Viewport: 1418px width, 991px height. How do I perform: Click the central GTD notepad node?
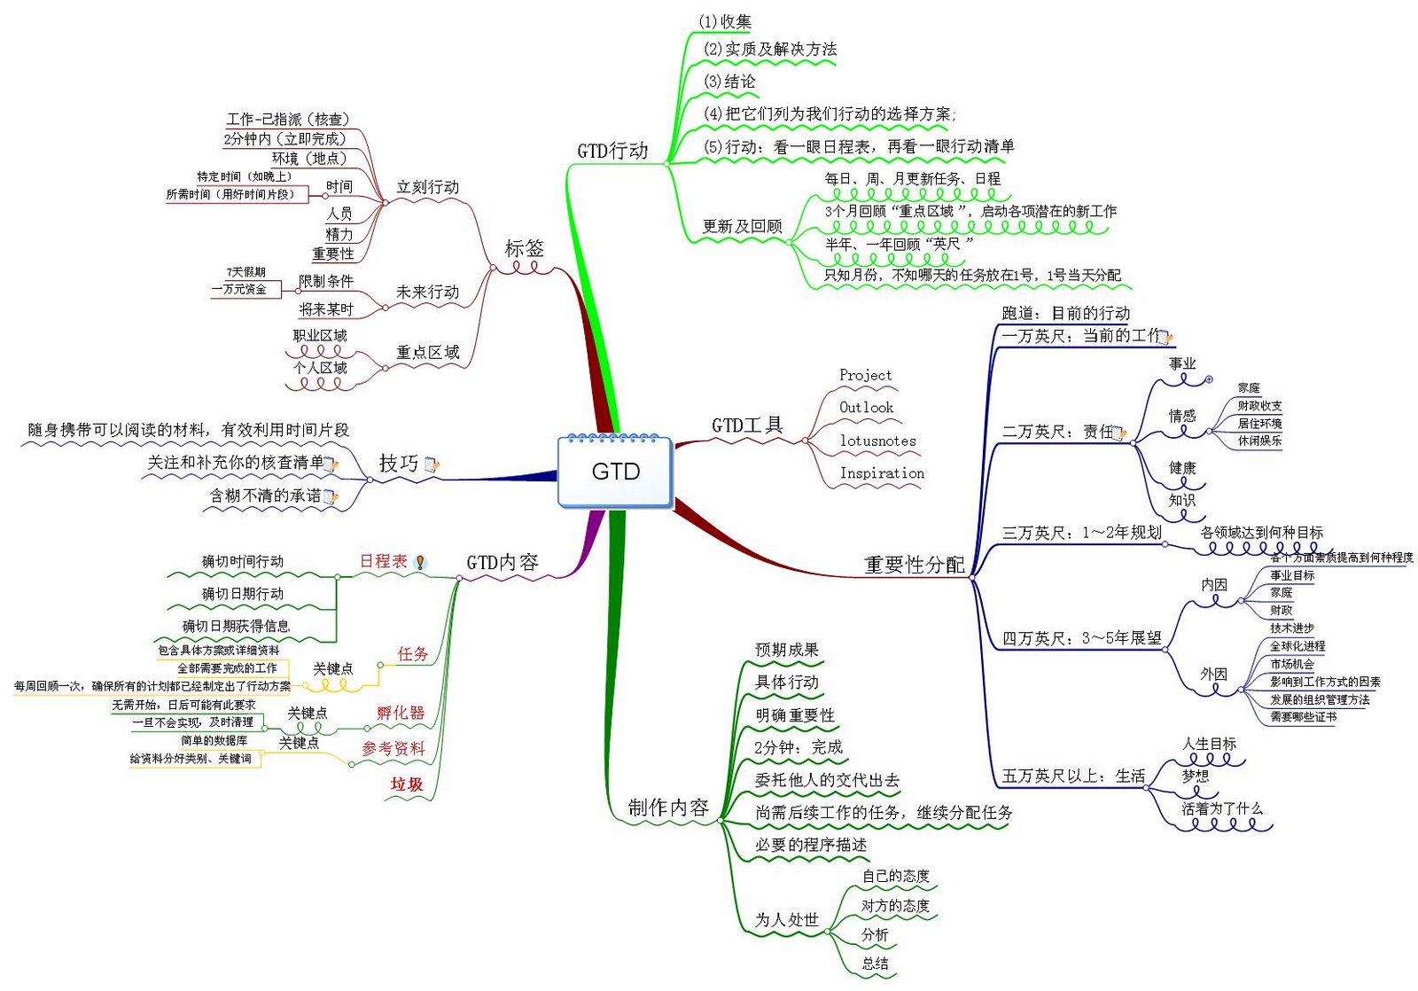(615, 472)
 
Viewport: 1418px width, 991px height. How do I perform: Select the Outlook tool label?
(866, 408)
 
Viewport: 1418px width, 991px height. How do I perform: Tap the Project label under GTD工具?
(865, 375)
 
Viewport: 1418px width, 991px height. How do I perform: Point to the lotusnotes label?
(877, 441)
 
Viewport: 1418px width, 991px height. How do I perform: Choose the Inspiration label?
(882, 473)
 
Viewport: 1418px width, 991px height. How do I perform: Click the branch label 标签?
(524, 249)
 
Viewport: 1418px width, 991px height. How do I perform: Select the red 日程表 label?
(383, 561)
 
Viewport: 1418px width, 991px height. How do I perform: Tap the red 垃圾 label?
(407, 784)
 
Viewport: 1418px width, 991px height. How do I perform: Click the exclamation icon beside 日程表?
(420, 562)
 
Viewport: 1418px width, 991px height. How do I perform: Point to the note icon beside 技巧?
(432, 464)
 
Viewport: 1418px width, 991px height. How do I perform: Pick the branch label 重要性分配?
(914, 565)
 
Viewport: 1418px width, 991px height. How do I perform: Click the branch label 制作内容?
(668, 808)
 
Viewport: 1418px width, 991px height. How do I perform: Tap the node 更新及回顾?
(742, 226)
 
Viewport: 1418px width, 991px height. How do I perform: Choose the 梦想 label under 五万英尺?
(1195, 776)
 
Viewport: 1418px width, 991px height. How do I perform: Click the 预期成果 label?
(786, 650)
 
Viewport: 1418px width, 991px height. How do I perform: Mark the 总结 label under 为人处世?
(875, 964)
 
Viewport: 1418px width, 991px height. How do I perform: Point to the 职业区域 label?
(320, 336)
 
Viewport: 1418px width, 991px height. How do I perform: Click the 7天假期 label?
(245, 272)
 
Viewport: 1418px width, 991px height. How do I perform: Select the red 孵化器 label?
(401, 713)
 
